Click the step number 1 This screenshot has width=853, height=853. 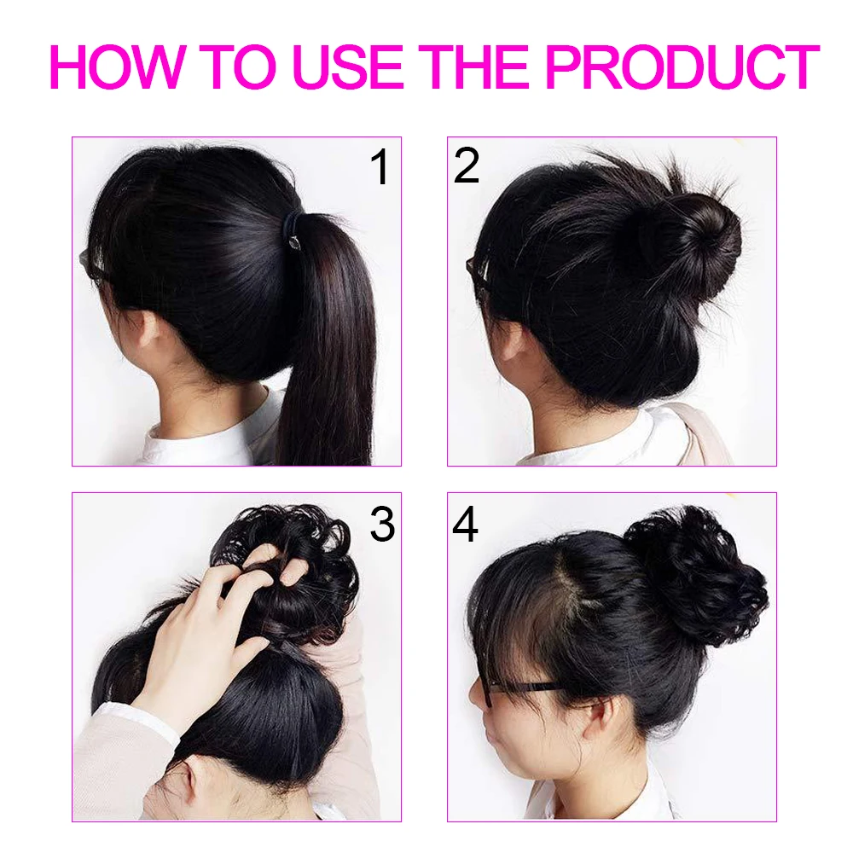pos(380,166)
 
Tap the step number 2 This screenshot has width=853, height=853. pos(467,165)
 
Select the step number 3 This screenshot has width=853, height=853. pos(382,524)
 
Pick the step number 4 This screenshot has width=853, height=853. pos(465,524)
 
